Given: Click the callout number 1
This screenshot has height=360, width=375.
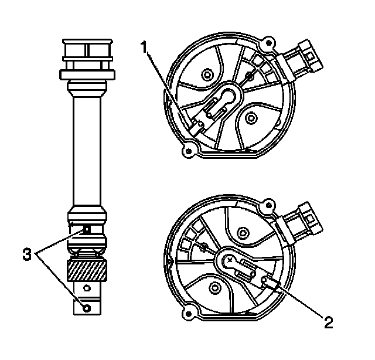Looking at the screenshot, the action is pos(144,47).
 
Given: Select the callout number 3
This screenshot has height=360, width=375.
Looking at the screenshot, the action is pos(27,254).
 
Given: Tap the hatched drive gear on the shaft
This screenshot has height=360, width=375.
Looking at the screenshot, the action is pos(87,270).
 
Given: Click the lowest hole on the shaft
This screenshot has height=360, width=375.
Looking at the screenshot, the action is pos(87,308).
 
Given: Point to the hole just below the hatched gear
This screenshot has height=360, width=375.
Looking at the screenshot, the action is pos(87,287).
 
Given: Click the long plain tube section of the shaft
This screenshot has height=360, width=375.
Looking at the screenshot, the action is pos(87,151).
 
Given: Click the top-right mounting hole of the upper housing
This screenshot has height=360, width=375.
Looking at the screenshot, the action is pos(269,43).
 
